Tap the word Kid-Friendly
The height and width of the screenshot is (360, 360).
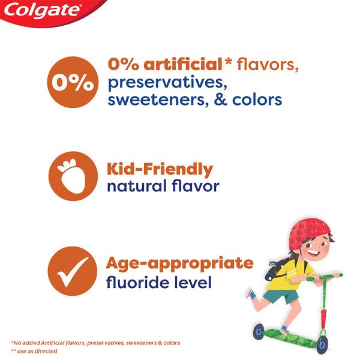point(160,169)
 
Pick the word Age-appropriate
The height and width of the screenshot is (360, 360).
point(179,263)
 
